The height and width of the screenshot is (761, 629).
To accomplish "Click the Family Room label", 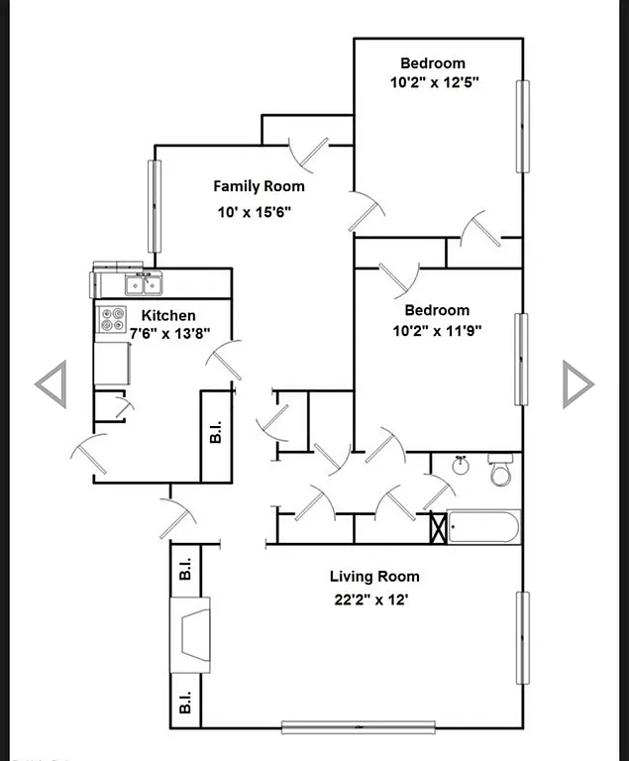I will (259, 185).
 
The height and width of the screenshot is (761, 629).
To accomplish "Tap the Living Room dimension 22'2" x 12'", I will (373, 598).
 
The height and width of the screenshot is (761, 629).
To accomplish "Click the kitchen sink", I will (144, 284).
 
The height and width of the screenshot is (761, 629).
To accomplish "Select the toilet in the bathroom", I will (501, 471).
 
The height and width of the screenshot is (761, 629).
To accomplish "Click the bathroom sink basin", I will (461, 465).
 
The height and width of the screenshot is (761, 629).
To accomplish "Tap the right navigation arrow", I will (577, 383).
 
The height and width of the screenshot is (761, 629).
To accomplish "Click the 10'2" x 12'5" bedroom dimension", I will (435, 82).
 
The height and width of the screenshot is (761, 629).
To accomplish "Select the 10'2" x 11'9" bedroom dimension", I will (435, 331).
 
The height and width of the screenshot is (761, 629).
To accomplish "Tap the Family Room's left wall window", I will (154, 205).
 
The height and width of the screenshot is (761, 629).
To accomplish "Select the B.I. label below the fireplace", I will (184, 701).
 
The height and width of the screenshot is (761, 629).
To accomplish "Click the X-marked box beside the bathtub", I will (438, 526).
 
